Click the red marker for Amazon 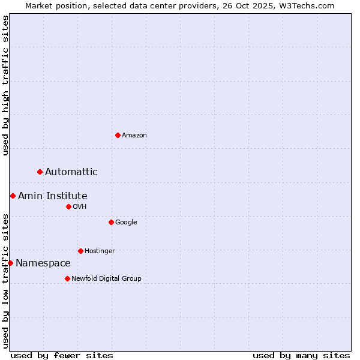[x=118, y=135]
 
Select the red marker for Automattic [x=40, y=172]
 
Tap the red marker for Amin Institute [x=13, y=196]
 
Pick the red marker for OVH [x=68, y=207]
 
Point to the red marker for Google [x=111, y=223]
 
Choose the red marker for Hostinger [x=80, y=251]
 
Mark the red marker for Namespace [x=10, y=263]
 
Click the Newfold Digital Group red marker [x=67, y=278]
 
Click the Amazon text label [x=134, y=136]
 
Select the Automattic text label [x=71, y=172]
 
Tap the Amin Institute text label [x=53, y=196]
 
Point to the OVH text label [x=80, y=207]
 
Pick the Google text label [x=126, y=223]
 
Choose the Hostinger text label [x=100, y=251]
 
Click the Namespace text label [x=43, y=263]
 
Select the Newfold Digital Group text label [x=106, y=278]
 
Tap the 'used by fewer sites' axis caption [x=62, y=355]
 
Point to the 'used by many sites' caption [x=301, y=355]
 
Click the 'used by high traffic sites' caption [x=6, y=85]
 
